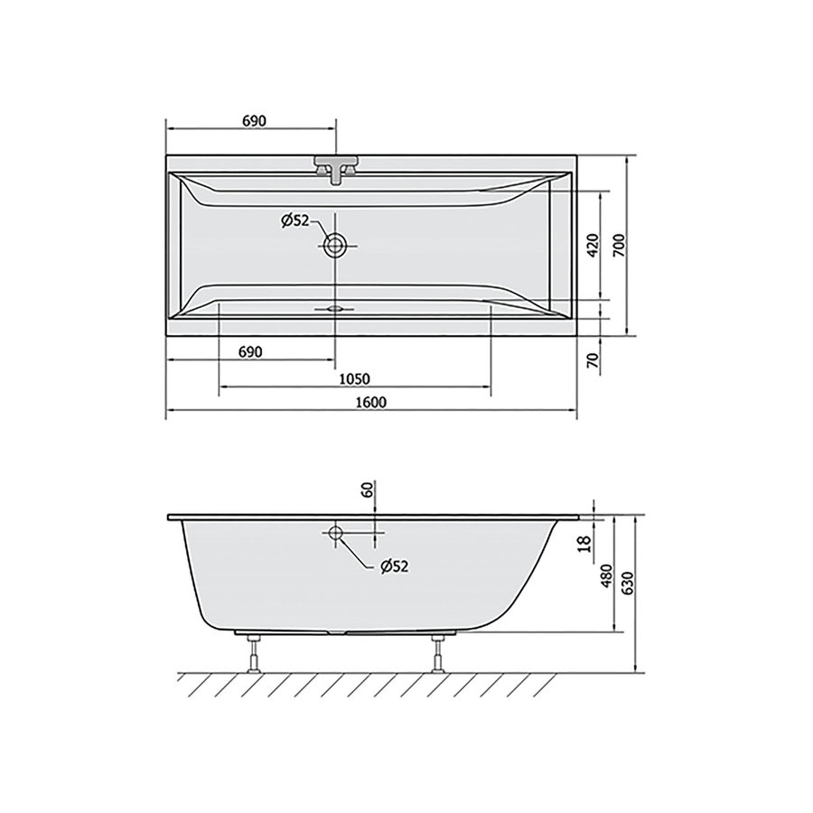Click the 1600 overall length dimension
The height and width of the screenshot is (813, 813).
[370, 403]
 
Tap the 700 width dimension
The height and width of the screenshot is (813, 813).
[619, 245]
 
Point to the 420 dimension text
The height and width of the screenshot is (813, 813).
[593, 245]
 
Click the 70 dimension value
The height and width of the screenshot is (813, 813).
[593, 360]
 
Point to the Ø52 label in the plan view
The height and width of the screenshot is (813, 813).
[296, 220]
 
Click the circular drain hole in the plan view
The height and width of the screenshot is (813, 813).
[336, 245]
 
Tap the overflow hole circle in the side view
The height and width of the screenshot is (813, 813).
[336, 533]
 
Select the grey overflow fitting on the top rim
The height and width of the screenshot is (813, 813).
[336, 168]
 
